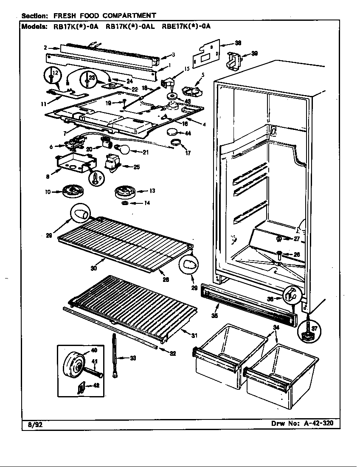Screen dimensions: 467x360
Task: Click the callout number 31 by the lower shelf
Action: [x=194, y=335]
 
